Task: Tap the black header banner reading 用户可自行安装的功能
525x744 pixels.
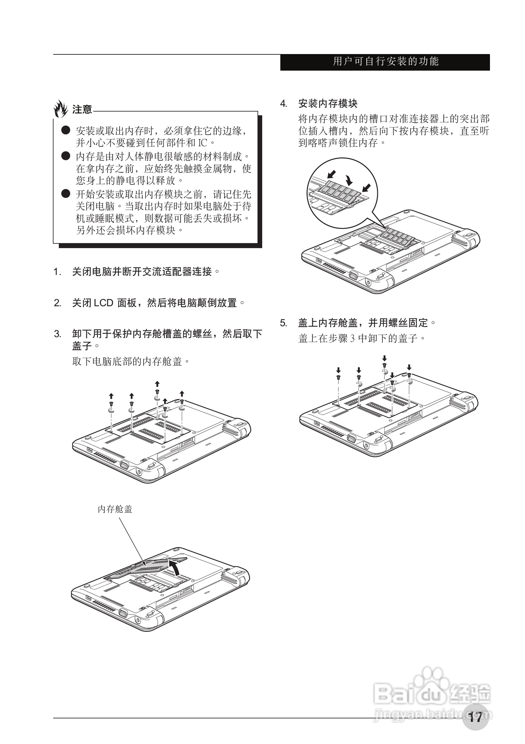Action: pos(385,62)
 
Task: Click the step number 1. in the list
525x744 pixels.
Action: pos(58,272)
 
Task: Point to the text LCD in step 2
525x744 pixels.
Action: pos(103,303)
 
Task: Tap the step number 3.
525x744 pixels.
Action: pos(58,334)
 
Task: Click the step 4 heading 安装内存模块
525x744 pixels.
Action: pos(328,104)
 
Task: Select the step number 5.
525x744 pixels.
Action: pos(283,323)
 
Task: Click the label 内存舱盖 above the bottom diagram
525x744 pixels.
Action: pos(115,509)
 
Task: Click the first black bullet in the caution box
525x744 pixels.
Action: pos(66,130)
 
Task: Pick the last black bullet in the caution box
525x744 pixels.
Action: pos(66,194)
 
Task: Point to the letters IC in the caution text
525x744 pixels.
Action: pos(202,142)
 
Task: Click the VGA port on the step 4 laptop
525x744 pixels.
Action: pos(352,276)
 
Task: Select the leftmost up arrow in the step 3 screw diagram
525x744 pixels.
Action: pos(111,396)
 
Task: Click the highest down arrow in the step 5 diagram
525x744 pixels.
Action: pos(385,358)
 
